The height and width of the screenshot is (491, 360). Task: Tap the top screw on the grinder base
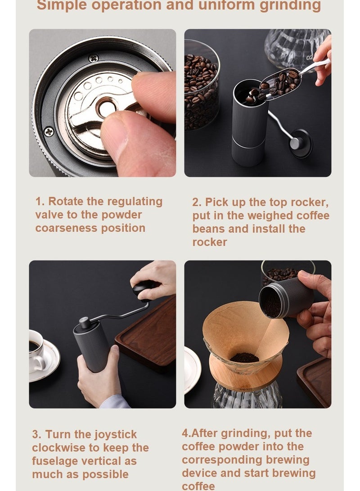tap(93, 58)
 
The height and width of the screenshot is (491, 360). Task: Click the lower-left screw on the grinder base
tap(49, 132)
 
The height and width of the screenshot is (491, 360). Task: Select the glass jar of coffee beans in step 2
tap(201, 86)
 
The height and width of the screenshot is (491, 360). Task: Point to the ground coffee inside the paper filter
tap(244, 358)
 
